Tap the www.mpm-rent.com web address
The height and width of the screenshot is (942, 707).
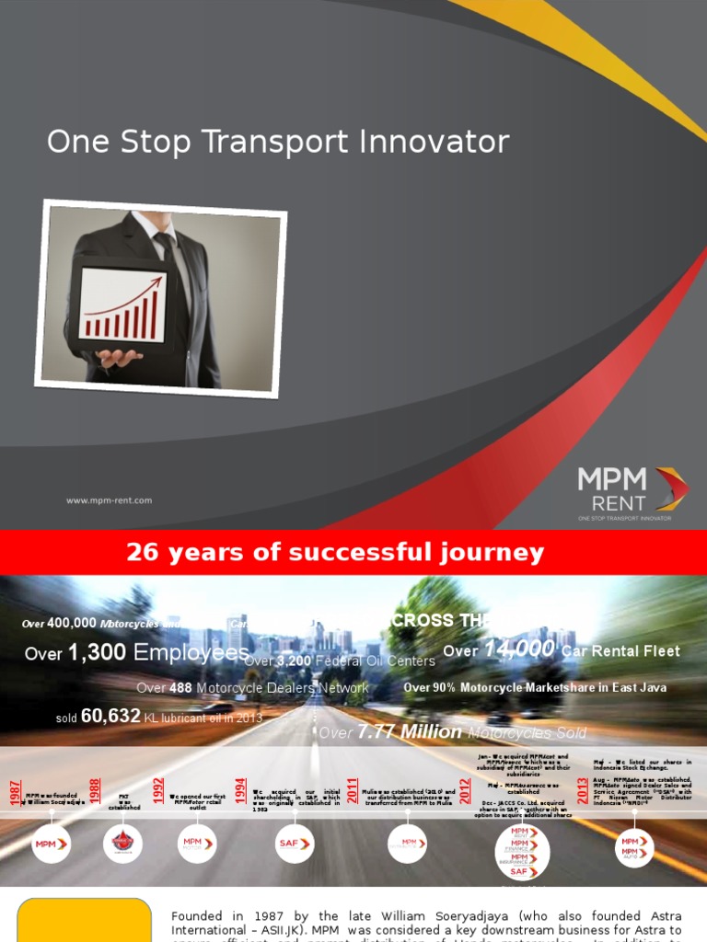pos(109,500)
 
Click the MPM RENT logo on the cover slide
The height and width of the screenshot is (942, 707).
pos(632,492)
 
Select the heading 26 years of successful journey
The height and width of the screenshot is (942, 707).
pos(335,553)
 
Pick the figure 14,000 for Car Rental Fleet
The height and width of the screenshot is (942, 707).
pos(519,649)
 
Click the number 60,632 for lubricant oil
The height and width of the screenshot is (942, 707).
pos(110,716)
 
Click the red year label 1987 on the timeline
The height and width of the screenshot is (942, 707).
pos(16,791)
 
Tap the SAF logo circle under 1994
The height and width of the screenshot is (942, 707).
pos(295,844)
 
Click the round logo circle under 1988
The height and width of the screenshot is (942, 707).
pos(122,844)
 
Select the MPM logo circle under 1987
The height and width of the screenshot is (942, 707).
pos(51,844)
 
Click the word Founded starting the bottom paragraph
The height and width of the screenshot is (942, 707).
pos(198,916)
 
